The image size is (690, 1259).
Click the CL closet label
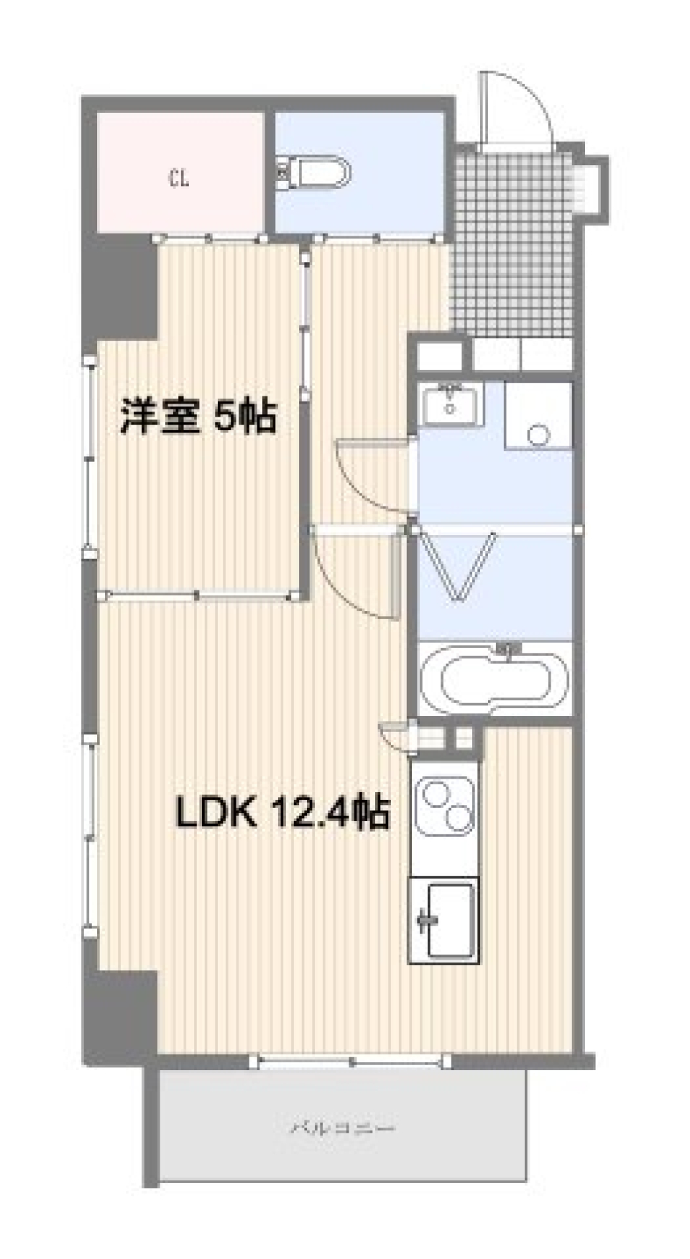(x=179, y=177)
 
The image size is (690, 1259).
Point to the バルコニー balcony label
(x=343, y=1128)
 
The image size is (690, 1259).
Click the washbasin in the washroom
(x=451, y=404)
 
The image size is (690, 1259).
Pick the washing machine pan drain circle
(x=538, y=435)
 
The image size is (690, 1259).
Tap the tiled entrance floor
(x=513, y=244)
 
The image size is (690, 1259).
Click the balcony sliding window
(x=352, y=1061)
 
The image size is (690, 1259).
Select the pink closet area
(x=180, y=172)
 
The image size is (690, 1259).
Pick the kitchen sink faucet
(x=425, y=920)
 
